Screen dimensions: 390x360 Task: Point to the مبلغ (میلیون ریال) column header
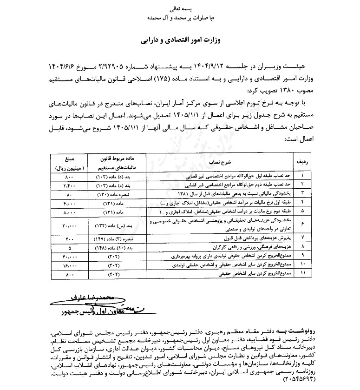click(x=70, y=162)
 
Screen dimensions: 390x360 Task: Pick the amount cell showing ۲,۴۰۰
click(x=69, y=185)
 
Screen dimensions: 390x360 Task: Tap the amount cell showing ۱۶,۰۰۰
click(x=69, y=265)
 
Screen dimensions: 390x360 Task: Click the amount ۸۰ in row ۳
click(x=69, y=192)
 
